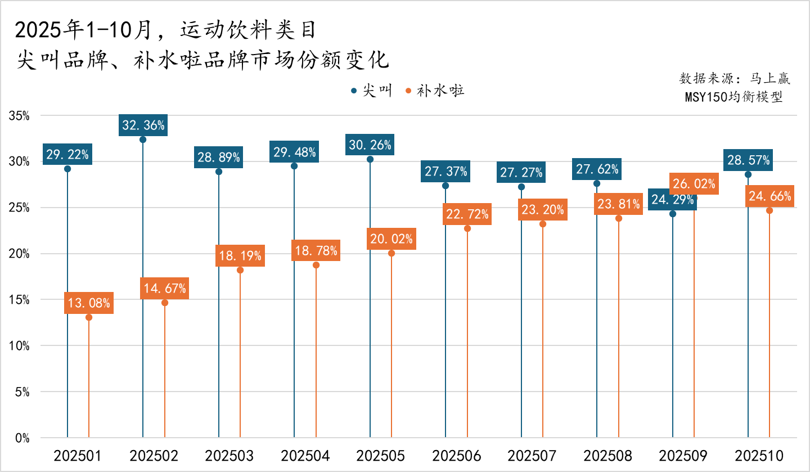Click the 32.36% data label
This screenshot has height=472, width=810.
(143, 125)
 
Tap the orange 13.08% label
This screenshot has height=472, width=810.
(89, 304)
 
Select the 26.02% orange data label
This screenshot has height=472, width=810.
(694, 184)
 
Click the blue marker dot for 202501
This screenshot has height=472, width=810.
(67, 169)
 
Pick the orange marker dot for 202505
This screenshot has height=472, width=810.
(391, 253)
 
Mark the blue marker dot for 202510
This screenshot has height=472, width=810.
(748, 174)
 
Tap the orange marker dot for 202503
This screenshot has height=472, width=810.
(240, 270)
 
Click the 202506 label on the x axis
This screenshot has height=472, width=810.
(456, 456)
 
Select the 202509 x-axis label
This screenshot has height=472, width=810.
(683, 456)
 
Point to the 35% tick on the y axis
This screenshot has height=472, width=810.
(19, 116)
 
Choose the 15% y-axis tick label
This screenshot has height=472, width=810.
(19, 300)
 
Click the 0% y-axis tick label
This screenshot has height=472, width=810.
(22, 438)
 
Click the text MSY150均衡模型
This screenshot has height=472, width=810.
(733, 97)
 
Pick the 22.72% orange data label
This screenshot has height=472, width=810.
(467, 215)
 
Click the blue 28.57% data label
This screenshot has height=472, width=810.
(748, 160)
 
